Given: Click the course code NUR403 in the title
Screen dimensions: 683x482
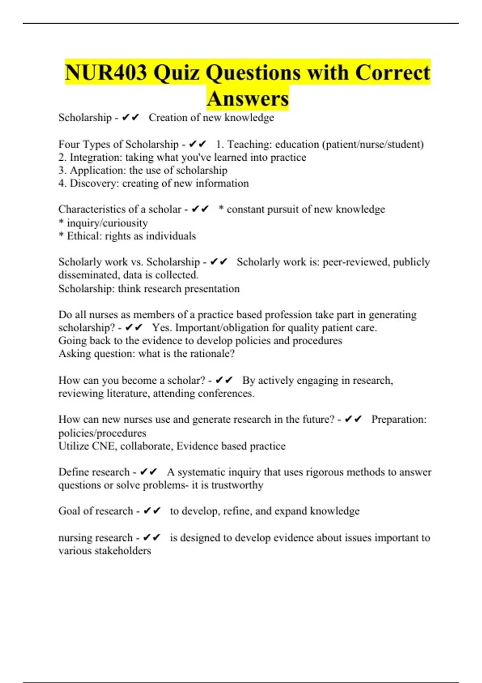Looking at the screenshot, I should pyautogui.click(x=106, y=73).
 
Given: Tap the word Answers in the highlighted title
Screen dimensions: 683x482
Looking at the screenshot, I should pyautogui.click(x=248, y=98).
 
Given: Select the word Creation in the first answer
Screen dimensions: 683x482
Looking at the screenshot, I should pyautogui.click(x=165, y=117).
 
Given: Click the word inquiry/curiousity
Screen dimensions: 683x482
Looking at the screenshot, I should pyautogui.click(x=107, y=223).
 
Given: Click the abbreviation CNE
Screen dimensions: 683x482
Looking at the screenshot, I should pyautogui.click(x=103, y=446).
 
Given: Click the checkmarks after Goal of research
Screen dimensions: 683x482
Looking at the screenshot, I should pyautogui.click(x=152, y=511).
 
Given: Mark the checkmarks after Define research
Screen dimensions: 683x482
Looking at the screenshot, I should pyautogui.click(x=149, y=472).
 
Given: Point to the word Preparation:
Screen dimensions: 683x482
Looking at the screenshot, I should pyautogui.click(x=398, y=419).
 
